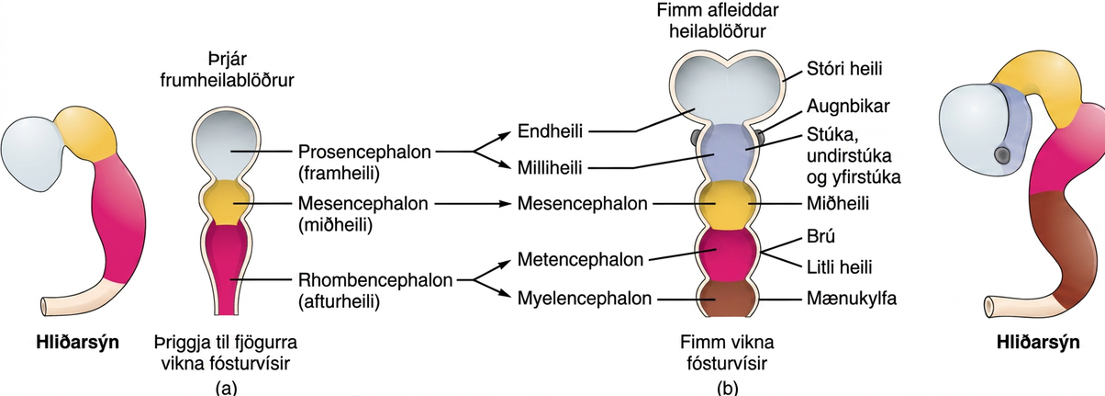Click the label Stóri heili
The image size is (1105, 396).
pyautogui.click(x=844, y=69)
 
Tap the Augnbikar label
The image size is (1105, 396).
pyautogui.click(x=848, y=107)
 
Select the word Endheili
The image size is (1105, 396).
pyautogui.click(x=550, y=131)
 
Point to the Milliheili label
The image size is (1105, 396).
pyautogui.click(x=550, y=168)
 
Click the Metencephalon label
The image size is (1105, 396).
pyautogui.click(x=580, y=259)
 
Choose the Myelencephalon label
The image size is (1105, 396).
pyautogui.click(x=585, y=299)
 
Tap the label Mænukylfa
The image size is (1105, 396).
pyautogui.click(x=852, y=299)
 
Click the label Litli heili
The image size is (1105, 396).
pyautogui.click(x=839, y=267)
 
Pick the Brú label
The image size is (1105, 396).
pyautogui.click(x=820, y=236)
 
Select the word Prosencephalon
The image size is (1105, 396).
pyautogui.click(x=364, y=152)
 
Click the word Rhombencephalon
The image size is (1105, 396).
pyautogui.click(x=375, y=280)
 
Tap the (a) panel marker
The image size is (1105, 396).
pyautogui.click(x=227, y=388)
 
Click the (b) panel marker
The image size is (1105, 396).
pyautogui.click(x=728, y=388)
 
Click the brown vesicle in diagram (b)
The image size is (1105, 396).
pyautogui.click(x=728, y=298)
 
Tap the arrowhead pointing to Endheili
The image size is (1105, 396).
pyautogui.click(x=507, y=133)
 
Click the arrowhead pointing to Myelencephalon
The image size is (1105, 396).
pyautogui.click(x=507, y=295)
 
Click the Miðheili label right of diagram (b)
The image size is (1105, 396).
pyautogui.click(x=838, y=203)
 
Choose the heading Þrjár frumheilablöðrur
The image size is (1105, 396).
pyautogui.click(x=227, y=70)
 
